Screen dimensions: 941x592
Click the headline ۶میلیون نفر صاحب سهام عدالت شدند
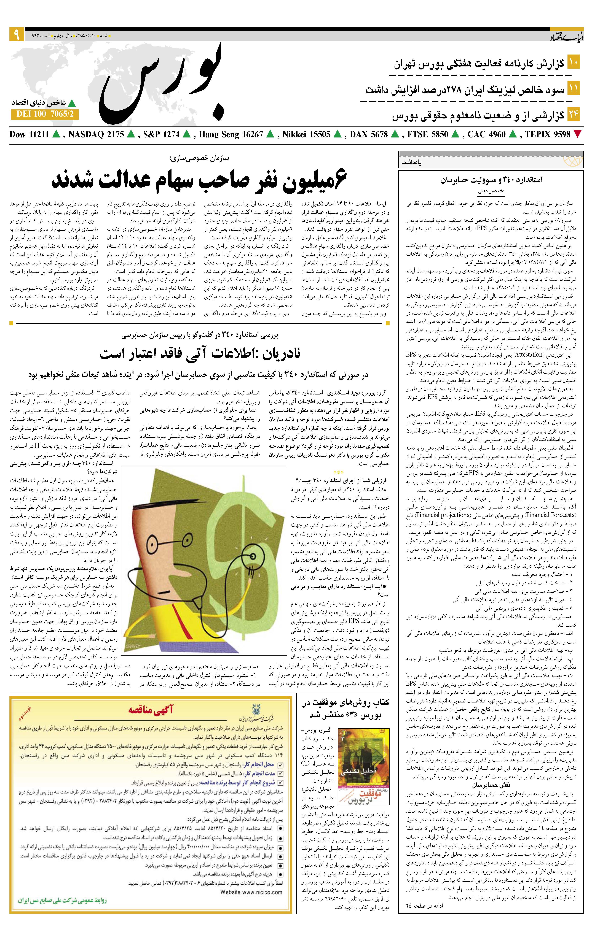coord(199,179)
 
